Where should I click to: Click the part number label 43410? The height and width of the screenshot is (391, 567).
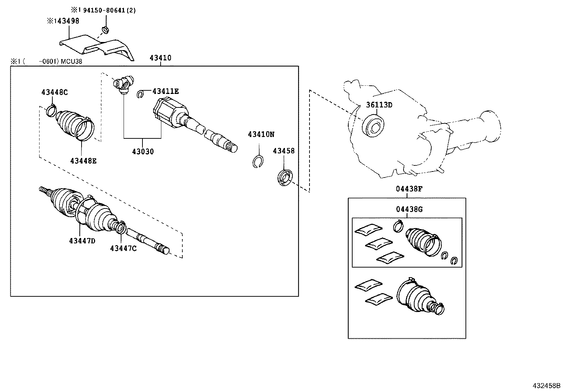click(x=160, y=58)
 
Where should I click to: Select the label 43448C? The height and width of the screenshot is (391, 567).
click(x=54, y=92)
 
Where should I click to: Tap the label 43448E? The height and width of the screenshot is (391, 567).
click(x=83, y=161)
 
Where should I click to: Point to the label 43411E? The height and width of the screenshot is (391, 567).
click(x=165, y=91)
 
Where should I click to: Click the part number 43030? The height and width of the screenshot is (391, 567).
click(x=143, y=152)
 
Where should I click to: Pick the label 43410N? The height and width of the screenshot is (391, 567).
click(x=261, y=134)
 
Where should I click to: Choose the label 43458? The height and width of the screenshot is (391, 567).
click(x=284, y=151)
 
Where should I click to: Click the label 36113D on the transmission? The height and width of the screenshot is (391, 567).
click(x=379, y=105)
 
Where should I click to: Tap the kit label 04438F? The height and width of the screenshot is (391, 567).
click(x=409, y=189)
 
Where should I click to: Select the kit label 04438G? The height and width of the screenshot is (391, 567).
click(x=409, y=209)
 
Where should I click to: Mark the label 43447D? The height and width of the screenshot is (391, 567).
click(x=82, y=241)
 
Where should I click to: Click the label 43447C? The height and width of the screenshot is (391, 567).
click(x=123, y=248)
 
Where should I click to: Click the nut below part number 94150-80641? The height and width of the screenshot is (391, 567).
click(x=105, y=30)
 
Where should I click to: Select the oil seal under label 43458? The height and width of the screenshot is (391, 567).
click(x=285, y=178)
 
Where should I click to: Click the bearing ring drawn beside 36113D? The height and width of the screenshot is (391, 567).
click(x=373, y=125)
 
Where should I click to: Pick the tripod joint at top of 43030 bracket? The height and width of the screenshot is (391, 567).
click(x=123, y=85)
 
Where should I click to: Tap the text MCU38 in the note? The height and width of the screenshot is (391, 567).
click(x=71, y=62)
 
